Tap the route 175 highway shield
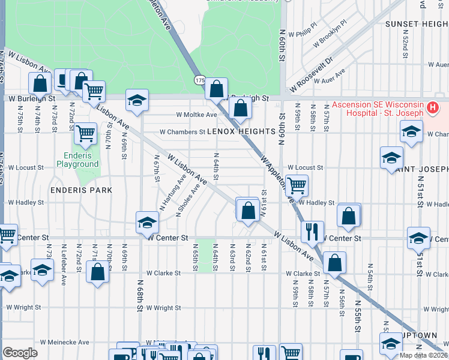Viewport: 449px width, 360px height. click(x=200, y=79)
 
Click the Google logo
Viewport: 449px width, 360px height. click(x=20, y=353)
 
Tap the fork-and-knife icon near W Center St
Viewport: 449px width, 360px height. click(x=312, y=232)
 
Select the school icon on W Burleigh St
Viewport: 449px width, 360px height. click(x=137, y=100)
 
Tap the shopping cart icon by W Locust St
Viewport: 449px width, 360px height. click(x=296, y=185)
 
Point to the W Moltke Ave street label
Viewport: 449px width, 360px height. click(x=196, y=115)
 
